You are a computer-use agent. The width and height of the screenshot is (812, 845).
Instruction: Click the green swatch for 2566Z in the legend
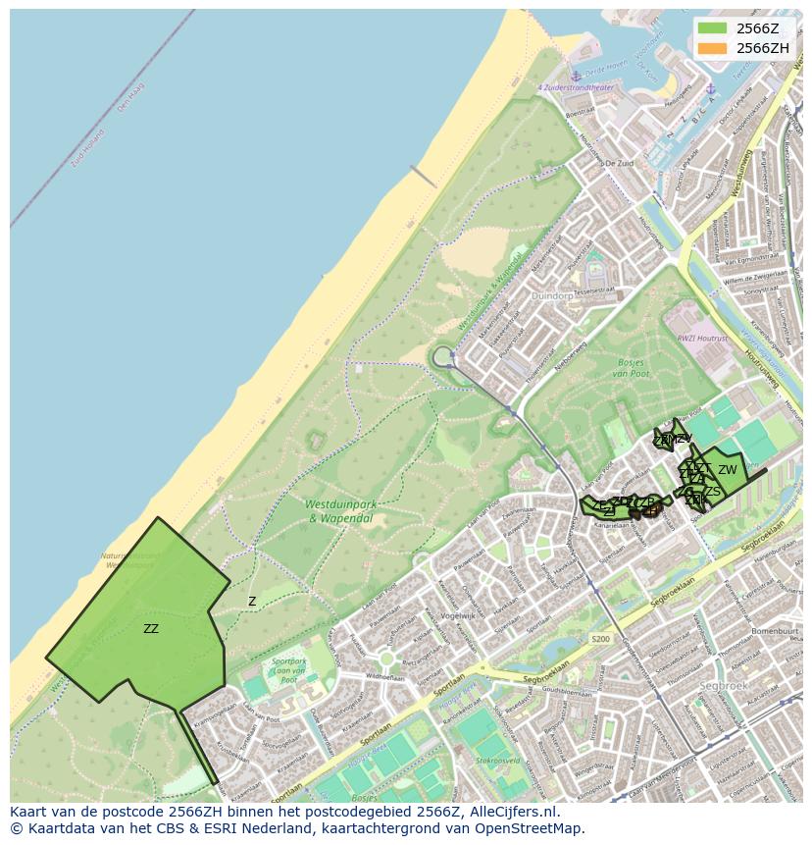pos(712,27)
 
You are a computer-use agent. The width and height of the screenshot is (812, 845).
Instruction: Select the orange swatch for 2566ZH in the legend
pos(712,47)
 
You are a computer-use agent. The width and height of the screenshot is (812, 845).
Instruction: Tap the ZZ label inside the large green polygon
pos(151,629)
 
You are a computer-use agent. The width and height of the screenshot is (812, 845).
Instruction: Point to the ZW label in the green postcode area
pos(727,470)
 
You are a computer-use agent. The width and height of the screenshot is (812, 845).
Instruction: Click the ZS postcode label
pos(712,492)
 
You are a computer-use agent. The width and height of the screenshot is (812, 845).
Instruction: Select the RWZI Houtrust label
pos(702,338)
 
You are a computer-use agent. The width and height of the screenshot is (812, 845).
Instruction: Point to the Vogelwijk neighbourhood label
pos(457,615)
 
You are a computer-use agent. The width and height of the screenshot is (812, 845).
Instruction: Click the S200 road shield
pos(600,639)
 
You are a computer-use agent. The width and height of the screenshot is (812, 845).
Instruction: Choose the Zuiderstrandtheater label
pos(576,87)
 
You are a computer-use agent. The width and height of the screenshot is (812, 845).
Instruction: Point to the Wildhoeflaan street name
pos(384,677)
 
